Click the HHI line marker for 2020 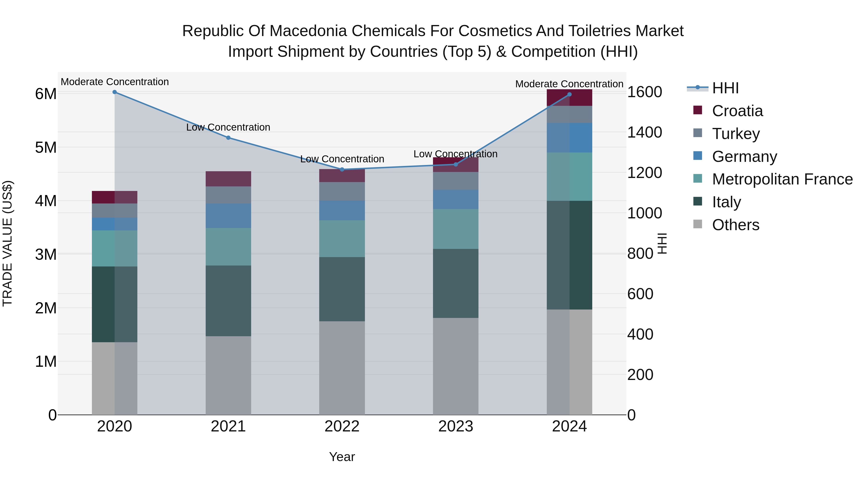point(115,92)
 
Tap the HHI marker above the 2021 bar point(228,138)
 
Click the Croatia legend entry point(737,111)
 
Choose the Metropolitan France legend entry point(782,179)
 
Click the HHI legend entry point(725,88)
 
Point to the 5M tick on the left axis point(46,148)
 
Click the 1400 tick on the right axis point(644,133)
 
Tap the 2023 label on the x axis point(456,426)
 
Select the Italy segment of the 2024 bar point(569,255)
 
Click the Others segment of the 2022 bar point(342,368)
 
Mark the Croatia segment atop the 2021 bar point(228,179)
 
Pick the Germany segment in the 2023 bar point(456,199)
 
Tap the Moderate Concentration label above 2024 point(569,84)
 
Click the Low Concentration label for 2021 point(228,127)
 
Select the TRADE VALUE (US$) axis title point(7,243)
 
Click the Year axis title point(342,457)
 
